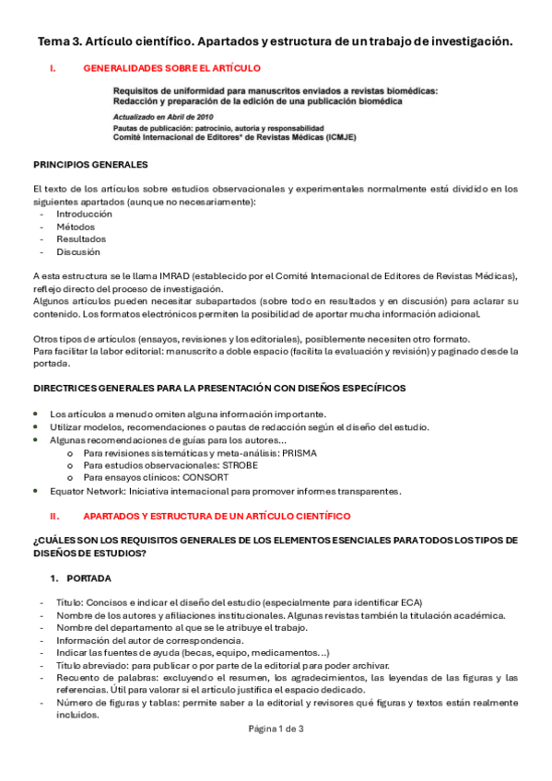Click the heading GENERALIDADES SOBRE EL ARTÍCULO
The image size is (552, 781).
[x=171, y=68]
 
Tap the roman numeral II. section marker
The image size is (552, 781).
[x=54, y=516]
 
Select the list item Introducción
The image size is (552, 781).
[x=84, y=214]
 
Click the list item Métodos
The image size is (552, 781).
[x=75, y=227]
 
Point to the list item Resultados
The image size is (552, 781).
[x=81, y=239]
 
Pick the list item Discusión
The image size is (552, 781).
[x=78, y=252]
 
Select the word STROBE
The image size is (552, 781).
[x=241, y=466]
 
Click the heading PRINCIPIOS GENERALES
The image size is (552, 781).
[x=89, y=165]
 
